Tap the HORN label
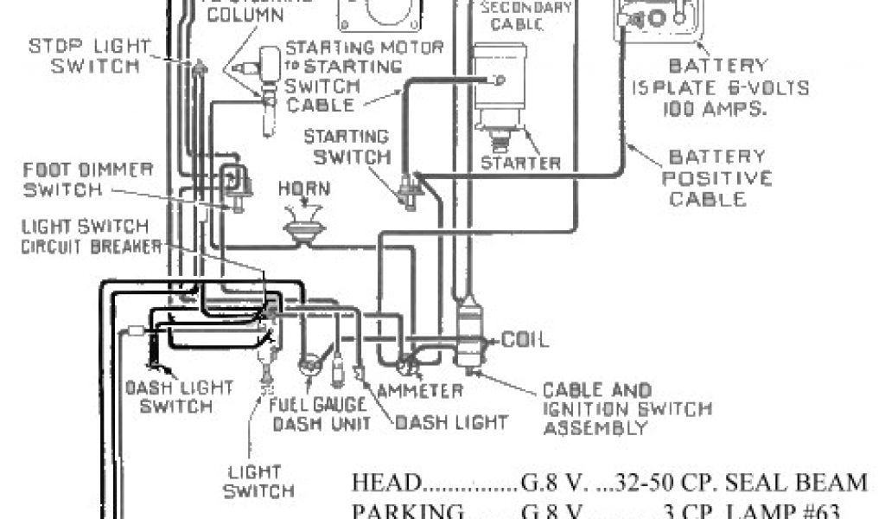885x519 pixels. click(303, 189)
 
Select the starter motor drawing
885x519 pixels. click(500, 95)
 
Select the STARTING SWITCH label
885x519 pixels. click(351, 146)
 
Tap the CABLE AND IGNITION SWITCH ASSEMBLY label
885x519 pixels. click(597, 409)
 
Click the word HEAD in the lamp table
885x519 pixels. click(385, 483)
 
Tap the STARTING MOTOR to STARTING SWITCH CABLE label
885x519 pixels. click(359, 75)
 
